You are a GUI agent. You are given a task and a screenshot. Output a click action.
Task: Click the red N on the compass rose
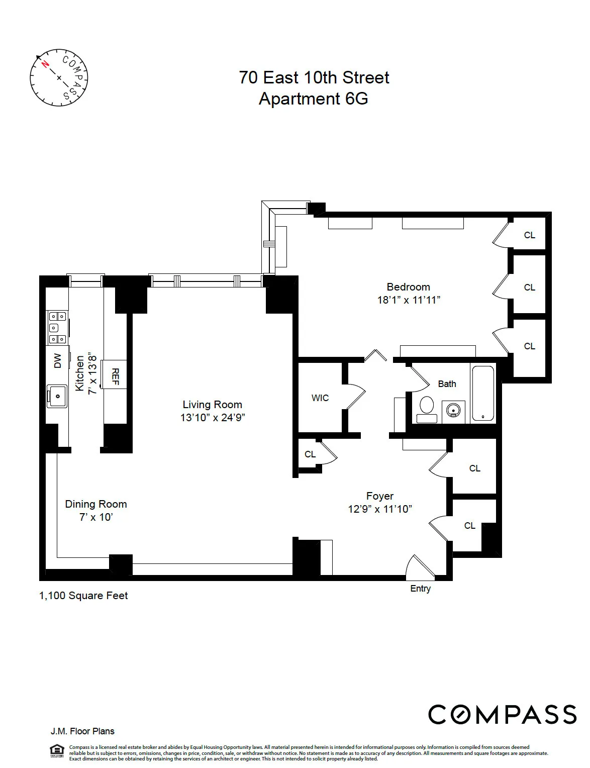(45, 64)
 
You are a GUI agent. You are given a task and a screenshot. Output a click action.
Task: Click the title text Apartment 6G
(313, 99)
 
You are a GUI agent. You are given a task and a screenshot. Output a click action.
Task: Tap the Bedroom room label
(408, 287)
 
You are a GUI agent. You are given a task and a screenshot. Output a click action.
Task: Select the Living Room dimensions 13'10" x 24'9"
(212, 417)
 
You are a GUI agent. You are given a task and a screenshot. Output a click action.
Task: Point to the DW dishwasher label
(58, 360)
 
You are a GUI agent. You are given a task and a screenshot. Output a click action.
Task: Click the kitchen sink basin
(57, 396)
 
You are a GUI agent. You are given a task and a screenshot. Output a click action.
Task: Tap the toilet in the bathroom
(427, 406)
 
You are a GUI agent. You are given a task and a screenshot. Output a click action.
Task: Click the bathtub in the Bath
(483, 394)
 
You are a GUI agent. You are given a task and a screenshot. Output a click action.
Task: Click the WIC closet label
(320, 398)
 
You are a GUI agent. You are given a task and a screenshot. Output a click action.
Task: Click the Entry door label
(420, 589)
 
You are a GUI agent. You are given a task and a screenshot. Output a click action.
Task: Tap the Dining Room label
(96, 504)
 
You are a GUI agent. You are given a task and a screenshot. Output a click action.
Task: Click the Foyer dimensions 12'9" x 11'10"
(380, 509)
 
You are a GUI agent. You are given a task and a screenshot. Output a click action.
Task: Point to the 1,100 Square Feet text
(83, 596)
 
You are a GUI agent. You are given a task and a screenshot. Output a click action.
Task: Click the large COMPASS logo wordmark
(502, 714)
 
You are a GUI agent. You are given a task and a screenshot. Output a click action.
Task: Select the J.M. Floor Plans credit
(82, 731)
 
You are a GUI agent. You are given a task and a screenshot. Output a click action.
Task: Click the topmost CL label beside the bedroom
(529, 235)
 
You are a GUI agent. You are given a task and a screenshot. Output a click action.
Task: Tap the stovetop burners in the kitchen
(57, 328)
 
